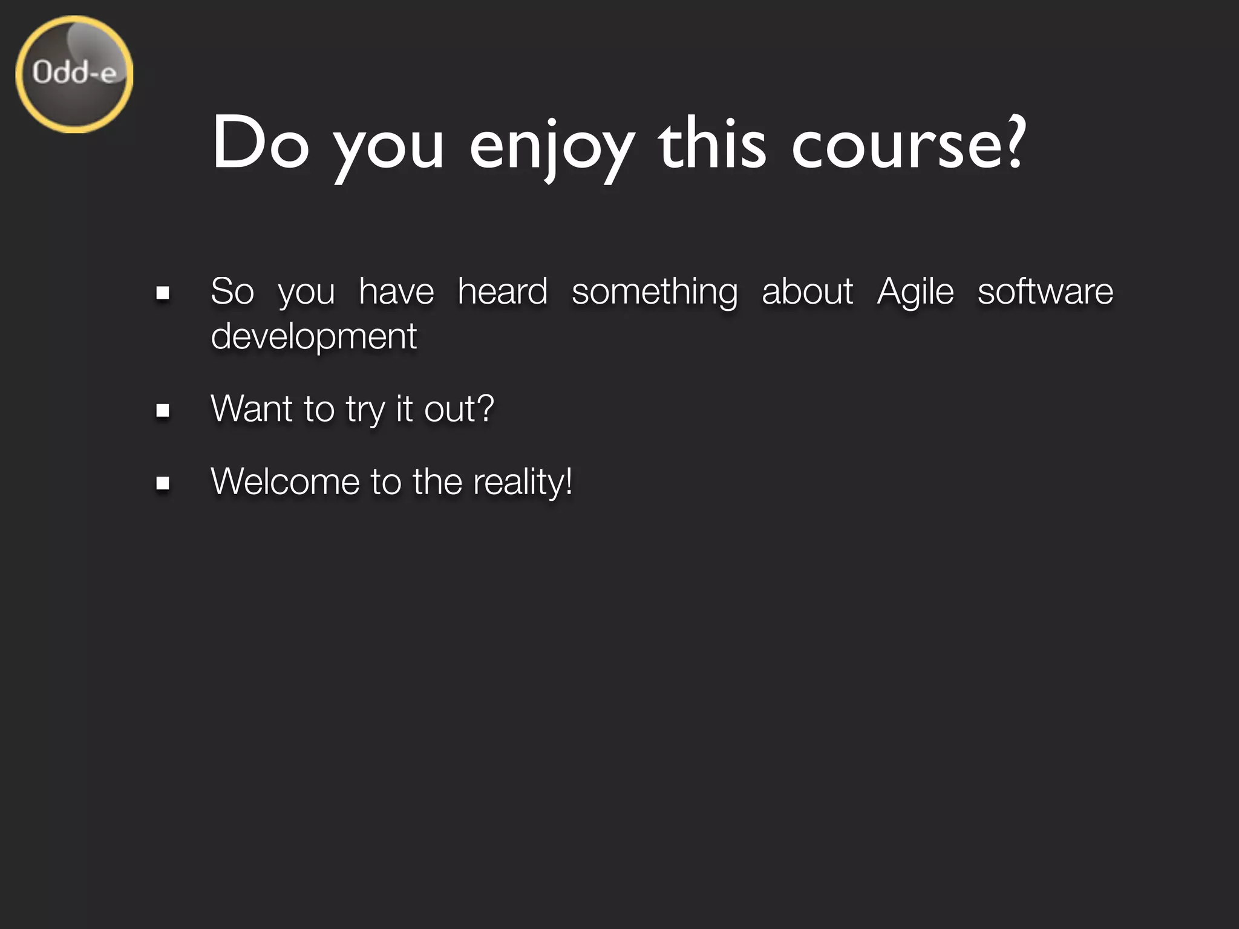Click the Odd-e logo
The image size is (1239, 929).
pos(74,74)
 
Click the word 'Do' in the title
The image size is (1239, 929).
pos(260,143)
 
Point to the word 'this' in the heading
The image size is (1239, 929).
pos(712,143)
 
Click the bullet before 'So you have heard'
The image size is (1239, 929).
pos(162,293)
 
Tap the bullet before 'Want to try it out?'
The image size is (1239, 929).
pos(162,411)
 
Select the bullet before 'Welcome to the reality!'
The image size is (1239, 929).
pos(162,483)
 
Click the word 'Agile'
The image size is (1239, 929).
pos(915,292)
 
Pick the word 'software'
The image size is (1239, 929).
pos(1045,291)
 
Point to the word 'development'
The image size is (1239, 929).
pos(313,337)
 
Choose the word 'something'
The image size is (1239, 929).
pos(655,292)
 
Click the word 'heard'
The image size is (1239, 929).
pos(503,291)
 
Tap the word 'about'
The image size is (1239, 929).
pos(807,291)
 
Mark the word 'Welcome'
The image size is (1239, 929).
pos(285,481)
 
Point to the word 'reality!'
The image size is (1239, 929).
pos(522,482)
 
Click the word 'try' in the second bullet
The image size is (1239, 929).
pos(365,410)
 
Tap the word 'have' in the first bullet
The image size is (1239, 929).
pos(396,291)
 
